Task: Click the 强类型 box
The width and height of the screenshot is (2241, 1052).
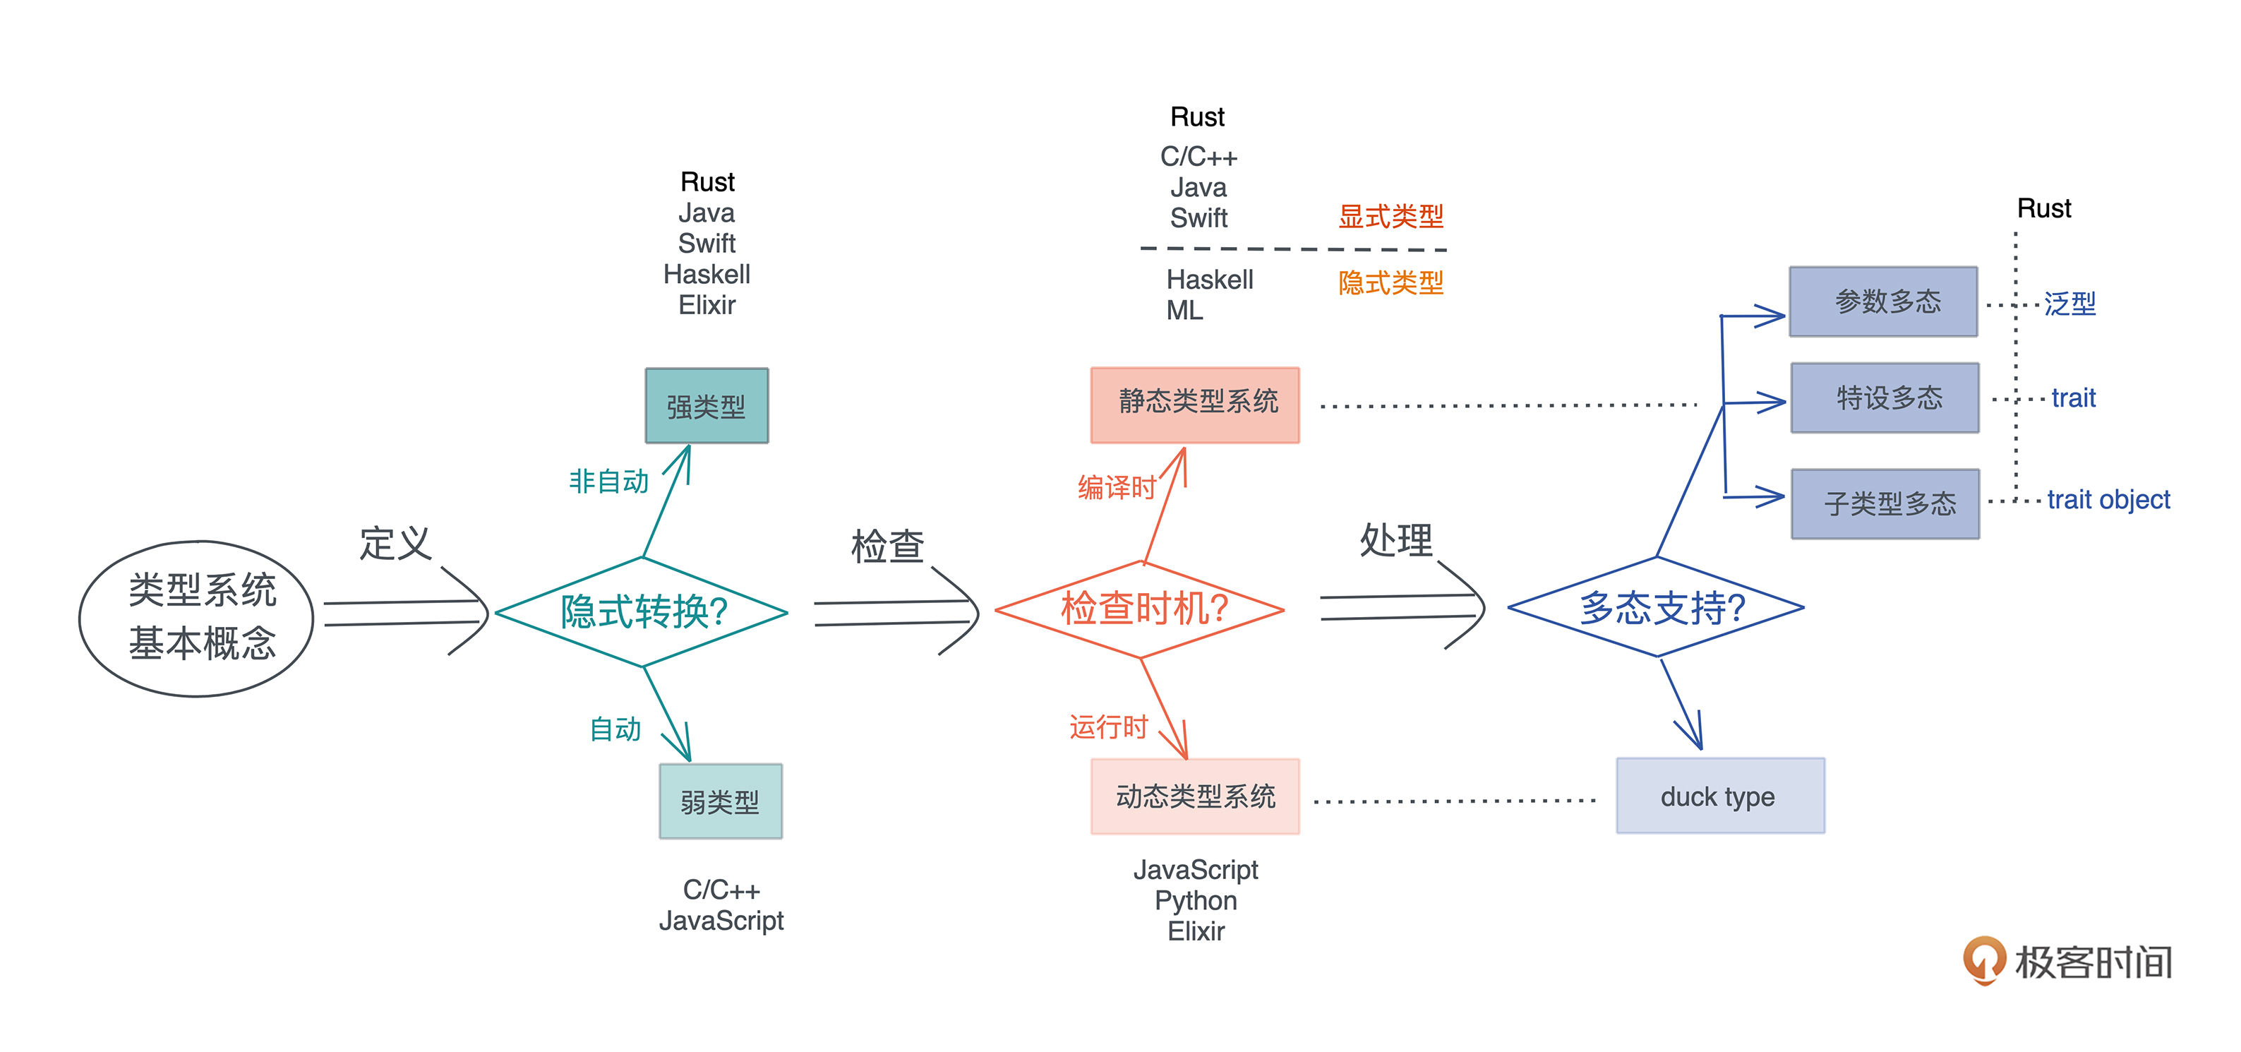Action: [x=707, y=405]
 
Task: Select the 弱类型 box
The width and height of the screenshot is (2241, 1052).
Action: [x=721, y=801]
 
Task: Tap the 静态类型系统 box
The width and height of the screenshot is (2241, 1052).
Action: [x=1195, y=405]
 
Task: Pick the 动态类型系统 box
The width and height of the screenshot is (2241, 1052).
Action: [x=1195, y=796]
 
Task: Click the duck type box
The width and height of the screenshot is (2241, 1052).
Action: [x=1720, y=795]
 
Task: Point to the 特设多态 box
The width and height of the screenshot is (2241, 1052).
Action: [x=1885, y=398]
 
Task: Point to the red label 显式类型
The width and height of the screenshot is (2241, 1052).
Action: [x=1390, y=216]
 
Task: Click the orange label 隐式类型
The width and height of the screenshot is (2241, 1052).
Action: [x=1390, y=282]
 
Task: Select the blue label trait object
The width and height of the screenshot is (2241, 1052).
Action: [x=2108, y=499]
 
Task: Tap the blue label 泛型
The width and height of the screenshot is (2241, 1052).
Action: [x=2069, y=304]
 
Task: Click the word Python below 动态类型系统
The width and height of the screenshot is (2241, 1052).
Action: [x=1195, y=901]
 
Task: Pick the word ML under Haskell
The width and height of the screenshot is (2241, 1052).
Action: [x=1184, y=310]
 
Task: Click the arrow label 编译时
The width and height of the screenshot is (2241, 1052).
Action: [x=1116, y=486]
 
